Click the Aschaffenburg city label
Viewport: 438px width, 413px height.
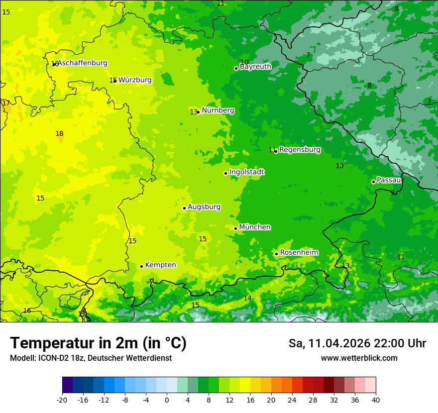coord(83,63)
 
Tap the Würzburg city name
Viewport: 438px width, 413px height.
coord(135,80)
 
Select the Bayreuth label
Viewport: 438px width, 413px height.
coord(255,67)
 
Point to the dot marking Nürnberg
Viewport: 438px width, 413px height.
coord(198,112)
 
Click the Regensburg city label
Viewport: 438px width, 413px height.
coord(300,150)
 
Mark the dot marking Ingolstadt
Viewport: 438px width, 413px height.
coord(225,173)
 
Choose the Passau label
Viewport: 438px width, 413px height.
coord(389,180)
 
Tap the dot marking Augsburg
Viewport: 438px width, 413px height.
coord(184,208)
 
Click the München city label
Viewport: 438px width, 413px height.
coord(255,227)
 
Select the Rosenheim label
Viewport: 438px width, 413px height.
coord(299,253)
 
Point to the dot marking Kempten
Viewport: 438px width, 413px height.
coord(141,266)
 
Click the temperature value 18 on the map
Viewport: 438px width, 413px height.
coord(59,133)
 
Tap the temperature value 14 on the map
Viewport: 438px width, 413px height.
coord(247,298)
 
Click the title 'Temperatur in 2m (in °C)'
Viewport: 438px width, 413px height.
coord(98,343)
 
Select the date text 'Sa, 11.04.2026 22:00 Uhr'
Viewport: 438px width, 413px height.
coord(357,343)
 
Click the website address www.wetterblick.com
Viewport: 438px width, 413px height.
coord(359,358)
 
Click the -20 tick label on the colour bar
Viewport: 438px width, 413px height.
coord(62,400)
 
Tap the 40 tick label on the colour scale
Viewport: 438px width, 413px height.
coord(376,400)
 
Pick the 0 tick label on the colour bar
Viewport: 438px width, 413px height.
coord(167,400)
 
